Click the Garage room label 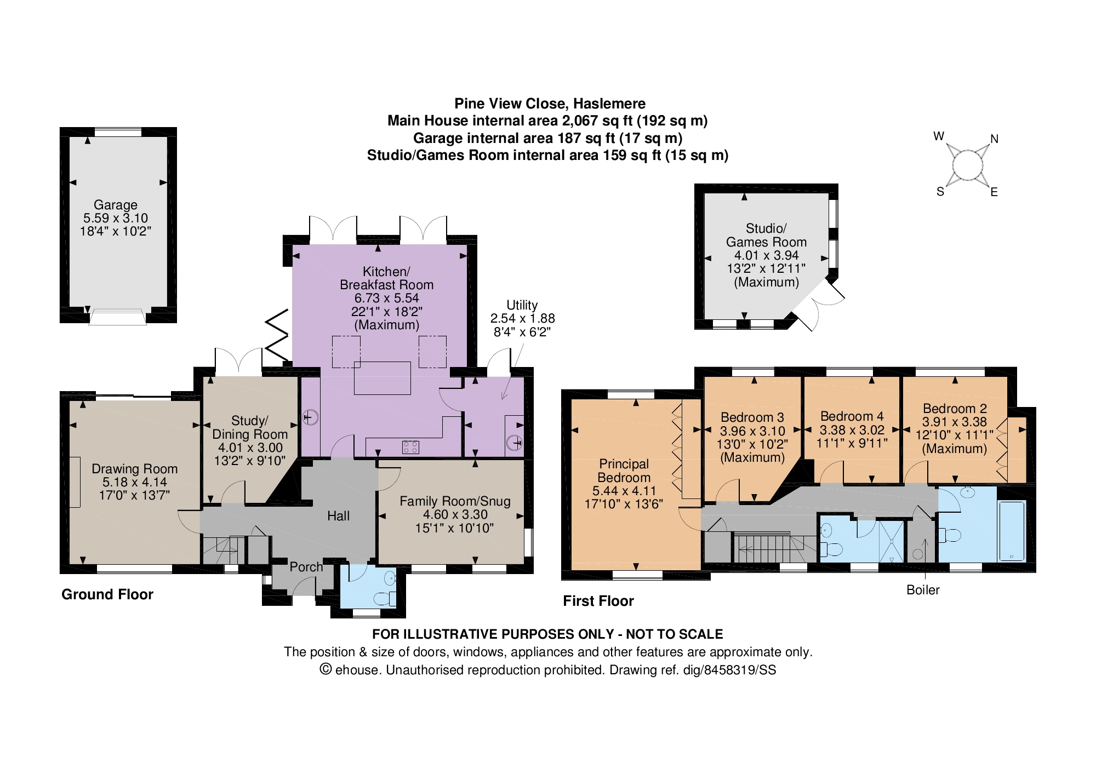(115, 205)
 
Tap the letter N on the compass (995, 139)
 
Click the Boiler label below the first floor (923, 590)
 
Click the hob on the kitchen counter (410, 447)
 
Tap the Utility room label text (522, 305)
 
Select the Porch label (306, 567)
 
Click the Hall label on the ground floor (338, 516)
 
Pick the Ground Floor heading (107, 594)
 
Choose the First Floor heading (598, 601)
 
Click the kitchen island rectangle (383, 378)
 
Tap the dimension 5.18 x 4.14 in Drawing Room (135, 482)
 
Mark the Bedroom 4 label (852, 416)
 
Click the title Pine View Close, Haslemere (550, 104)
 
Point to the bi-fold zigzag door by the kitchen (277, 336)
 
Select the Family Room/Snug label (455, 501)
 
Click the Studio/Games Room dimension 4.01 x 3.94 (766, 255)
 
